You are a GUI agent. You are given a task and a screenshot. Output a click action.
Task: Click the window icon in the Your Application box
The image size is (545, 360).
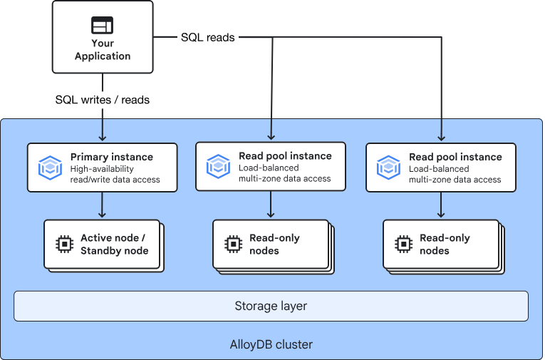tap(103, 25)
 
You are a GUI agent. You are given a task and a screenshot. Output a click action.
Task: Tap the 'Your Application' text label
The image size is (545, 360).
tap(103, 50)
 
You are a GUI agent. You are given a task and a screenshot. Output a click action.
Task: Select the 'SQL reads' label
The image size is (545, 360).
tap(207, 37)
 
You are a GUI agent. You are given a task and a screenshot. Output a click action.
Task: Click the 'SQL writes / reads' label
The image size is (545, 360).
tap(103, 100)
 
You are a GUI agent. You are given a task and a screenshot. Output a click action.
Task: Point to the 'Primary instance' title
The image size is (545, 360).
tap(111, 156)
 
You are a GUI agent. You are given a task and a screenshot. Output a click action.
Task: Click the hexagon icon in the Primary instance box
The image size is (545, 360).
tap(49, 167)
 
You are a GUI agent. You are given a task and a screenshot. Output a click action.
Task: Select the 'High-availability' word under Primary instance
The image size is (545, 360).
tap(103, 169)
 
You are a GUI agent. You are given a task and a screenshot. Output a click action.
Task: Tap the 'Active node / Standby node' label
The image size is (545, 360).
tap(114, 244)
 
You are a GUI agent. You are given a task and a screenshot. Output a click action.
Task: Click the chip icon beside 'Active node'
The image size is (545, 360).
tap(65, 244)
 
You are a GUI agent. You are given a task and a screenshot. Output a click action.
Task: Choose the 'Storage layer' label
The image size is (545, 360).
tap(271, 306)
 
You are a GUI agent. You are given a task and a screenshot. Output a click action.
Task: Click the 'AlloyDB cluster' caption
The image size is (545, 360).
tap(271, 344)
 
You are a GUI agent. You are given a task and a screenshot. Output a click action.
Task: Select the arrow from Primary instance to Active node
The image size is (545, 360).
tap(103, 205)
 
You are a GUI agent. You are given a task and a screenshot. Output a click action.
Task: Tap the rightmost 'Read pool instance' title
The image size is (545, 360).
tap(455, 157)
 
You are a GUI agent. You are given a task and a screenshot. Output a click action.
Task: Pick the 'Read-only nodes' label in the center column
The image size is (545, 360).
tap(274, 244)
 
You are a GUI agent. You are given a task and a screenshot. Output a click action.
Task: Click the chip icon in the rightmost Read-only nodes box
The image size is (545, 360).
tap(403, 244)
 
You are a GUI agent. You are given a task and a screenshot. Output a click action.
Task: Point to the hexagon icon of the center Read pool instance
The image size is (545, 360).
tap(218, 166)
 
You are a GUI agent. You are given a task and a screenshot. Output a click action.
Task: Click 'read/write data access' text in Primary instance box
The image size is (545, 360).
tap(115, 180)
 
